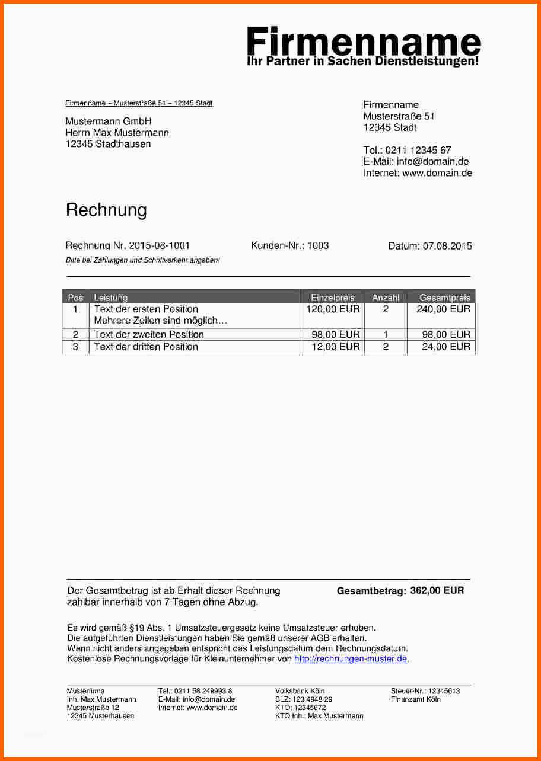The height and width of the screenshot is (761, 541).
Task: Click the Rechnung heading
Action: [x=106, y=210]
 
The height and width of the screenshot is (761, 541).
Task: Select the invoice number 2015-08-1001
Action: [x=160, y=245]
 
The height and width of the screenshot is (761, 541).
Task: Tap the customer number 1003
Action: [x=318, y=245]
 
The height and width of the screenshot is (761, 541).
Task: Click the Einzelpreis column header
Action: [x=333, y=298]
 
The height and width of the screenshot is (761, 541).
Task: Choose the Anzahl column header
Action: [x=386, y=298]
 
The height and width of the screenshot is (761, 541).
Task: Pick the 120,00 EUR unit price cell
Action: [x=333, y=309]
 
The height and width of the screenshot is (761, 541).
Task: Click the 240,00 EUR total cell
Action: [x=443, y=309]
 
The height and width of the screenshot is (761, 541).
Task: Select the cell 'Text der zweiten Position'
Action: [x=149, y=335]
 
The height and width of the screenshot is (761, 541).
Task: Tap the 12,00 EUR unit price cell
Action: [x=336, y=347]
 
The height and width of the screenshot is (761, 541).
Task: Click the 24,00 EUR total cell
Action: [x=446, y=347]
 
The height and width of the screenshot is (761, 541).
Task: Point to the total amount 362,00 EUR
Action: [x=437, y=590]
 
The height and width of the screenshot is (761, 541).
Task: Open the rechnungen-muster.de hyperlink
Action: [x=351, y=659]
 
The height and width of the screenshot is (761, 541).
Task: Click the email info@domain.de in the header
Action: [x=432, y=162]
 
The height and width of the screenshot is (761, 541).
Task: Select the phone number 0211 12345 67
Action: [x=418, y=151]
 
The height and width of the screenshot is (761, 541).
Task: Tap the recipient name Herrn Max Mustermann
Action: [x=117, y=133]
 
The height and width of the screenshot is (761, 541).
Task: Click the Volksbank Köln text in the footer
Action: [x=300, y=691]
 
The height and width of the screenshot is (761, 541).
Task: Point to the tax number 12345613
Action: [x=444, y=691]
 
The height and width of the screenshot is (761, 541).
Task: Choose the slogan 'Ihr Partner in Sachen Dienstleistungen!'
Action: [x=362, y=62]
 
